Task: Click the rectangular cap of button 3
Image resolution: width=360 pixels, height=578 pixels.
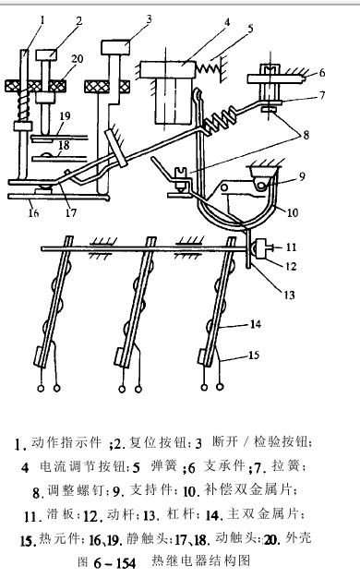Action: click(x=117, y=45)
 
